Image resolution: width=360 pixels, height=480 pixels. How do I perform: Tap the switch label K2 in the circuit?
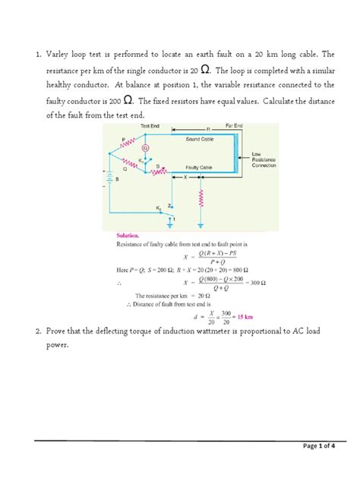coord(160,207)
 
